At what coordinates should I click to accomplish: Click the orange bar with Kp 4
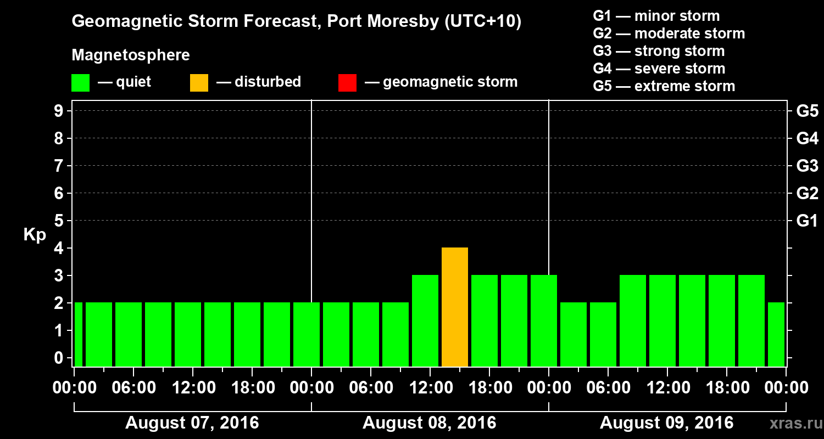pyautogui.click(x=455, y=307)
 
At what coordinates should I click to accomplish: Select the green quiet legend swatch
pyautogui.click(x=80, y=83)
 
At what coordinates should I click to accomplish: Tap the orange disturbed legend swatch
pyautogui.click(x=199, y=83)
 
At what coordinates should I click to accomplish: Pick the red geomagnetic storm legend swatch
pyautogui.click(x=347, y=83)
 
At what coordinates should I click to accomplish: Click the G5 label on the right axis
pyautogui.click(x=807, y=111)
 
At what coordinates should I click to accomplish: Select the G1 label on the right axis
pyautogui.click(x=807, y=221)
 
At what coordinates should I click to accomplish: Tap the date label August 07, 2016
pyautogui.click(x=192, y=423)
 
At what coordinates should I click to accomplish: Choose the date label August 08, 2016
pyautogui.click(x=429, y=423)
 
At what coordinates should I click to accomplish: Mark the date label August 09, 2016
pyautogui.click(x=666, y=423)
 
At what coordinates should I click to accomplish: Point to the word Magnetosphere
pyautogui.click(x=131, y=55)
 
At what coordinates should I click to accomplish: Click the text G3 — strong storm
pyautogui.click(x=659, y=51)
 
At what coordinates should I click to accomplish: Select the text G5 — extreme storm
pyautogui.click(x=664, y=86)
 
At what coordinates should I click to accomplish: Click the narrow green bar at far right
pyautogui.click(x=776, y=334)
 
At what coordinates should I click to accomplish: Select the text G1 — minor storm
pyautogui.click(x=656, y=16)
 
